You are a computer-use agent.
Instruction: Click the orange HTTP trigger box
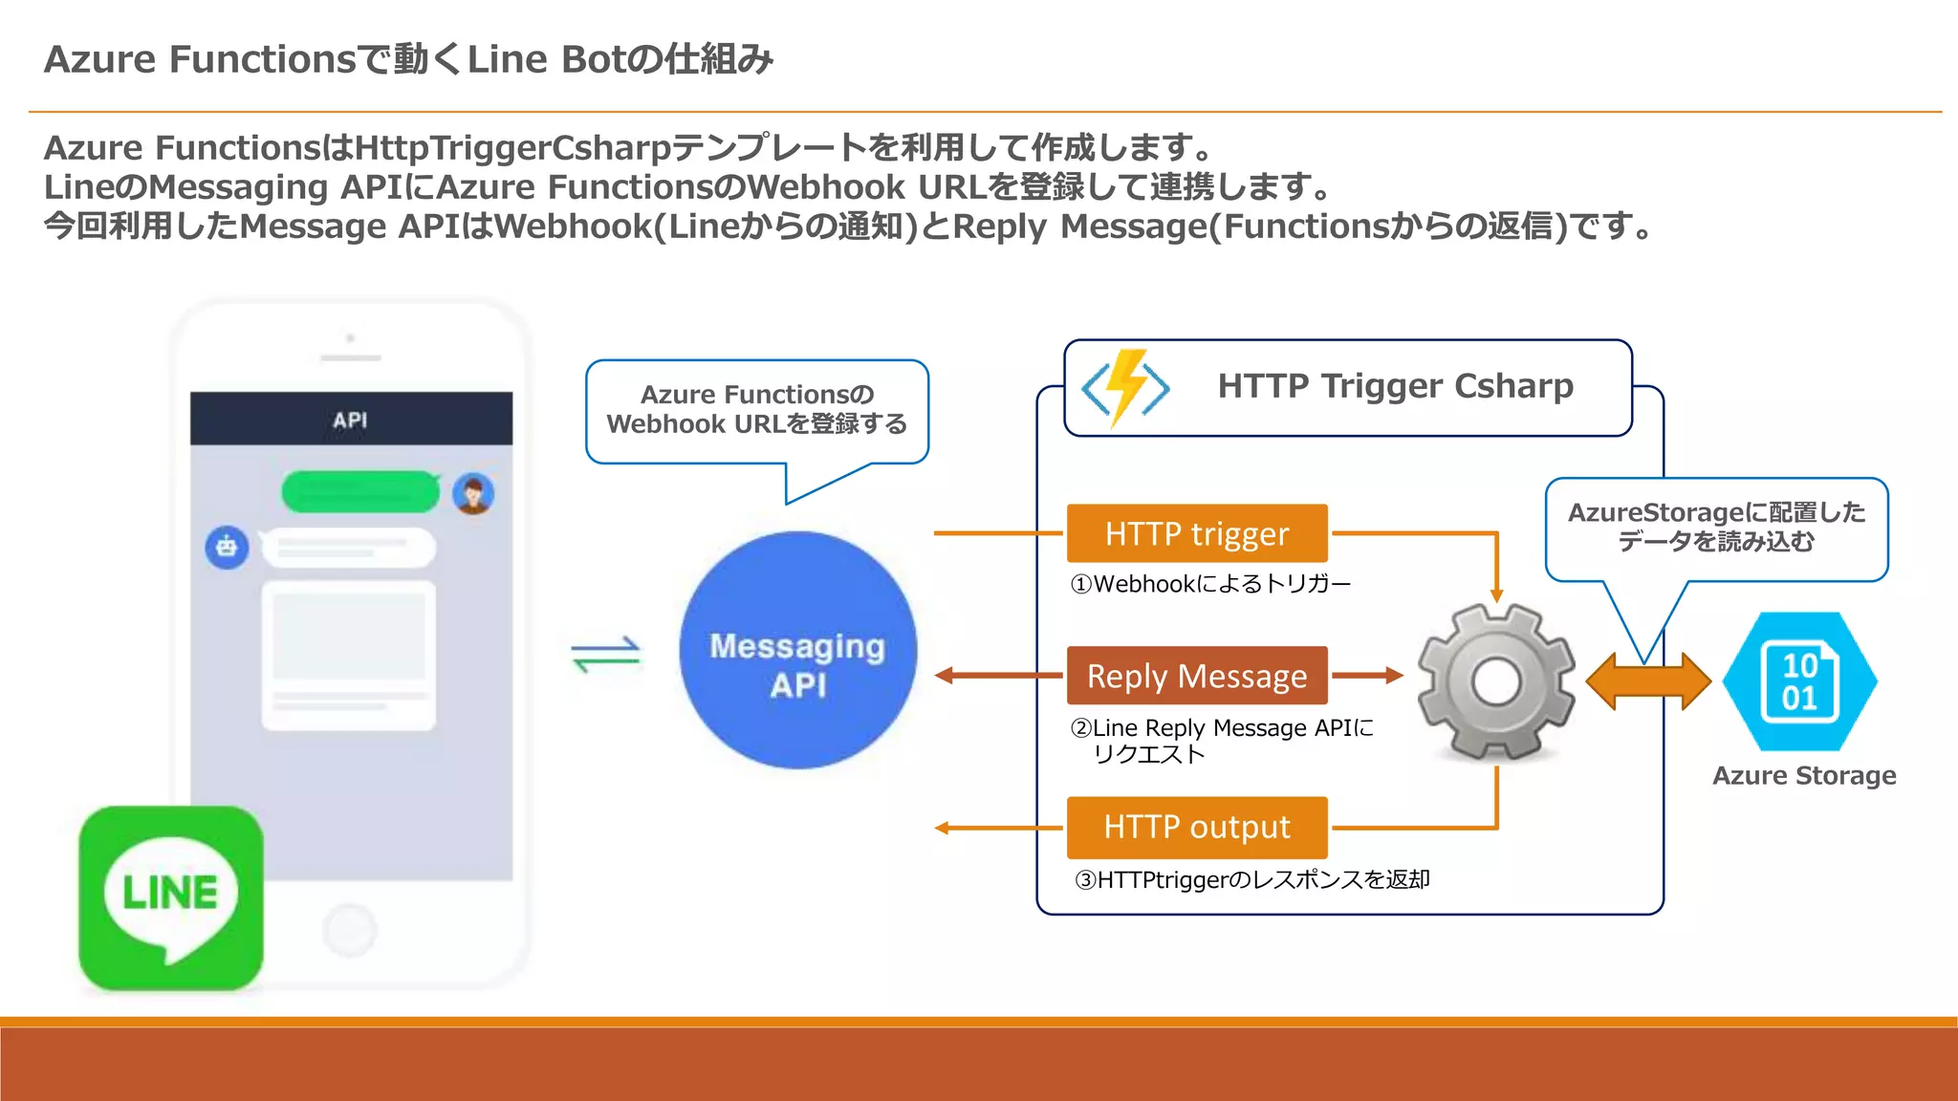(x=1197, y=533)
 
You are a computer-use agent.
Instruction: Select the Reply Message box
(x=1197, y=676)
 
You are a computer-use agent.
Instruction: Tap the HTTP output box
(x=1197, y=827)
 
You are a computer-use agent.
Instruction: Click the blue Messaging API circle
(x=797, y=651)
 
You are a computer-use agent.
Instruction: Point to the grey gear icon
(x=1496, y=681)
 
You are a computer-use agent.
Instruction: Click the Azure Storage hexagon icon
(x=1799, y=681)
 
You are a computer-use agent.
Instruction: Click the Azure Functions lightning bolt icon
(x=1126, y=387)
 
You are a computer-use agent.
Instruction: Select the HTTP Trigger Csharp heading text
(x=1395, y=386)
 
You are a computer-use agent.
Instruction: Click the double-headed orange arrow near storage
(x=1647, y=681)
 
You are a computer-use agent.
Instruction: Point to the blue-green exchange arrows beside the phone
(x=606, y=655)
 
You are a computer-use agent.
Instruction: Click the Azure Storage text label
(x=1804, y=776)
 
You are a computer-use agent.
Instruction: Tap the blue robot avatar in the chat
(x=227, y=548)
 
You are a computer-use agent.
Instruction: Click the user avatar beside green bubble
(x=473, y=494)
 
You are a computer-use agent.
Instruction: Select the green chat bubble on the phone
(x=359, y=492)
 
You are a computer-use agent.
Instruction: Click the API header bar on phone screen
(x=351, y=420)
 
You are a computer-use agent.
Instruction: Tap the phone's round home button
(x=350, y=929)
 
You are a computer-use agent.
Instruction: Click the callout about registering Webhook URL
(x=756, y=411)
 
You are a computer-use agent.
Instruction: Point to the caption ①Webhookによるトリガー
(x=1210, y=584)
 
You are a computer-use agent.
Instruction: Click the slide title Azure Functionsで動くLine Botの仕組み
(x=408, y=59)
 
